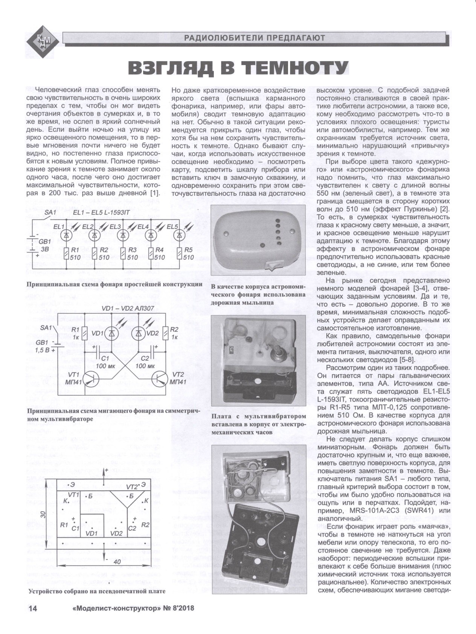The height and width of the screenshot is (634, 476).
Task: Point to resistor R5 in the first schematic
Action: click(178, 254)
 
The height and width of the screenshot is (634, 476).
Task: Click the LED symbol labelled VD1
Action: click(111, 333)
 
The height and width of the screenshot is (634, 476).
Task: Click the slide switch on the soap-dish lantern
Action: click(273, 266)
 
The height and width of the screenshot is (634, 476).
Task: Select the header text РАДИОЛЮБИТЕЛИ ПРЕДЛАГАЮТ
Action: click(254, 37)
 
